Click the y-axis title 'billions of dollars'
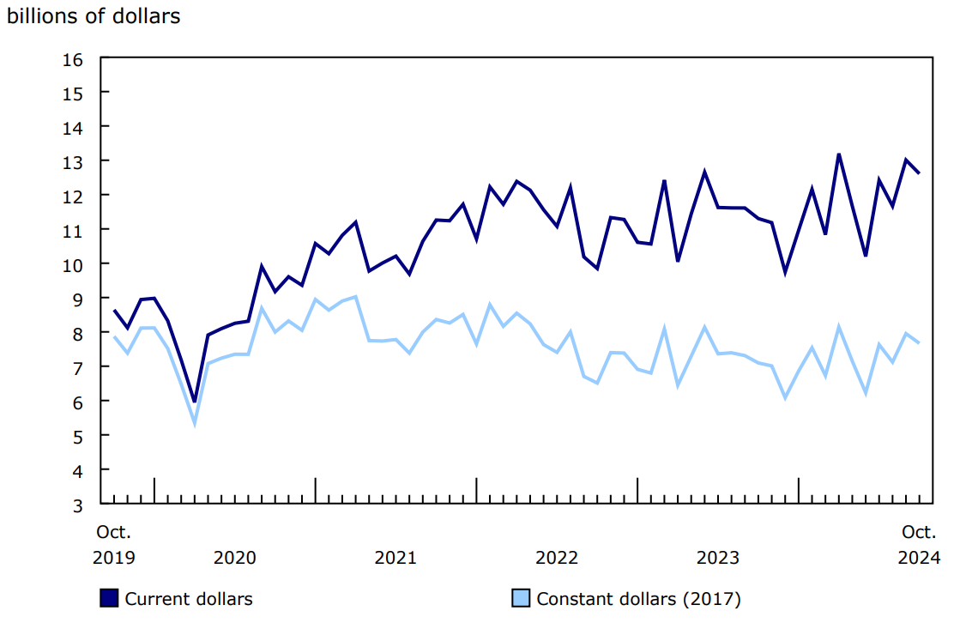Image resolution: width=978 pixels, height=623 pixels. tap(94, 16)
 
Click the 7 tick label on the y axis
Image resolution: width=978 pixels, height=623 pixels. tap(77, 367)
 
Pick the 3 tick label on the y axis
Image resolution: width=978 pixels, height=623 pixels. tap(77, 505)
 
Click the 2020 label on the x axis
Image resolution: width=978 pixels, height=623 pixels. tap(234, 558)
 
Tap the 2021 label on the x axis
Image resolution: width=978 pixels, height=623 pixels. tap(395, 558)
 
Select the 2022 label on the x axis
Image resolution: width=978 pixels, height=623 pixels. tap(557, 558)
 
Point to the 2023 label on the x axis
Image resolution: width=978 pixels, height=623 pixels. tap(717, 558)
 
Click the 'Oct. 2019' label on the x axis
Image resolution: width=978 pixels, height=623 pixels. tap(113, 545)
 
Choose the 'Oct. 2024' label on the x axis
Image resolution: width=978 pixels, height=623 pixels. tap(919, 545)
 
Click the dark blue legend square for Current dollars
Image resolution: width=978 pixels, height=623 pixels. tap(109, 598)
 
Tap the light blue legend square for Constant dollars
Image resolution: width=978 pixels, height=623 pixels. tap(521, 598)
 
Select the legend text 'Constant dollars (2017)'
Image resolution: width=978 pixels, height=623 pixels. tap(638, 599)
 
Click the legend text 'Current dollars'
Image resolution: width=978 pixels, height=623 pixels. tap(189, 599)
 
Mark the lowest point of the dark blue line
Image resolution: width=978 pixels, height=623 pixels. tap(195, 401)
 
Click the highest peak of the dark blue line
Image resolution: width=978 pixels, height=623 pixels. tap(839, 154)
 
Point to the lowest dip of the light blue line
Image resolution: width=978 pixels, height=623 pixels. tap(195, 423)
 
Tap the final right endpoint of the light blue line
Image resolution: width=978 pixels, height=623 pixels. tap(920, 343)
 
